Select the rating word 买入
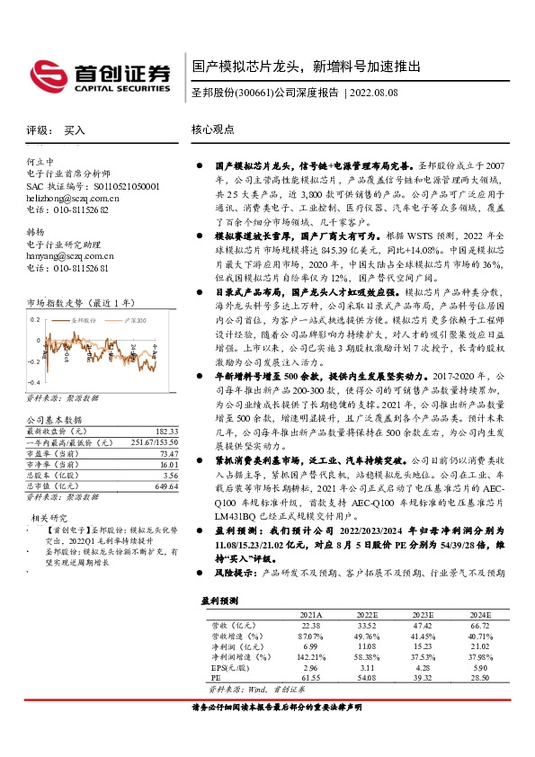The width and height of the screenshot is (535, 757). (76, 129)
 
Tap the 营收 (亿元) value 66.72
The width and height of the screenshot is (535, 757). (480, 624)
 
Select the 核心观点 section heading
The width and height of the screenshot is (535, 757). (213, 129)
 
